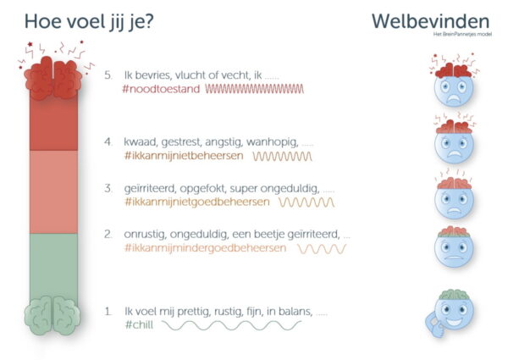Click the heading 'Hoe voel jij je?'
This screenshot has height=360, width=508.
[89, 22]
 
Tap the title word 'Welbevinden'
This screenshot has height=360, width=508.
[431, 21]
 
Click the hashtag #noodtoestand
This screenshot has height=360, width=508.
[161, 89]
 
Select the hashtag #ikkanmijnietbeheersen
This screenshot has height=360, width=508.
[184, 156]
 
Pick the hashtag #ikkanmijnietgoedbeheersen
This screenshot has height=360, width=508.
[197, 202]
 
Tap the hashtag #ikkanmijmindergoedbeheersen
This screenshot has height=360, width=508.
[206, 248]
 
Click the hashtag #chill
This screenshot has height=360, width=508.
[139, 324]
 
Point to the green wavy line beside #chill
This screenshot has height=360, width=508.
[231, 325]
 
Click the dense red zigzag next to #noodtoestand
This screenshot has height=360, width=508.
[255, 89]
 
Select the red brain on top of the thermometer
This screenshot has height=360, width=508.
[53, 78]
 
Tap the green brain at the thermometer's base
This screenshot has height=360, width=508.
[52, 315]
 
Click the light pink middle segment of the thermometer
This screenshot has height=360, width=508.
[53, 191]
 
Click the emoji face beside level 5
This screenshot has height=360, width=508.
[454, 85]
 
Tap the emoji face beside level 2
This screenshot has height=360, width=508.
[454, 246]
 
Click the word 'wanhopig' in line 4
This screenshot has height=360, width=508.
[272, 142]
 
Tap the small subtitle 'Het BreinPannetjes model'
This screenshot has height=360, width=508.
[462, 34]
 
